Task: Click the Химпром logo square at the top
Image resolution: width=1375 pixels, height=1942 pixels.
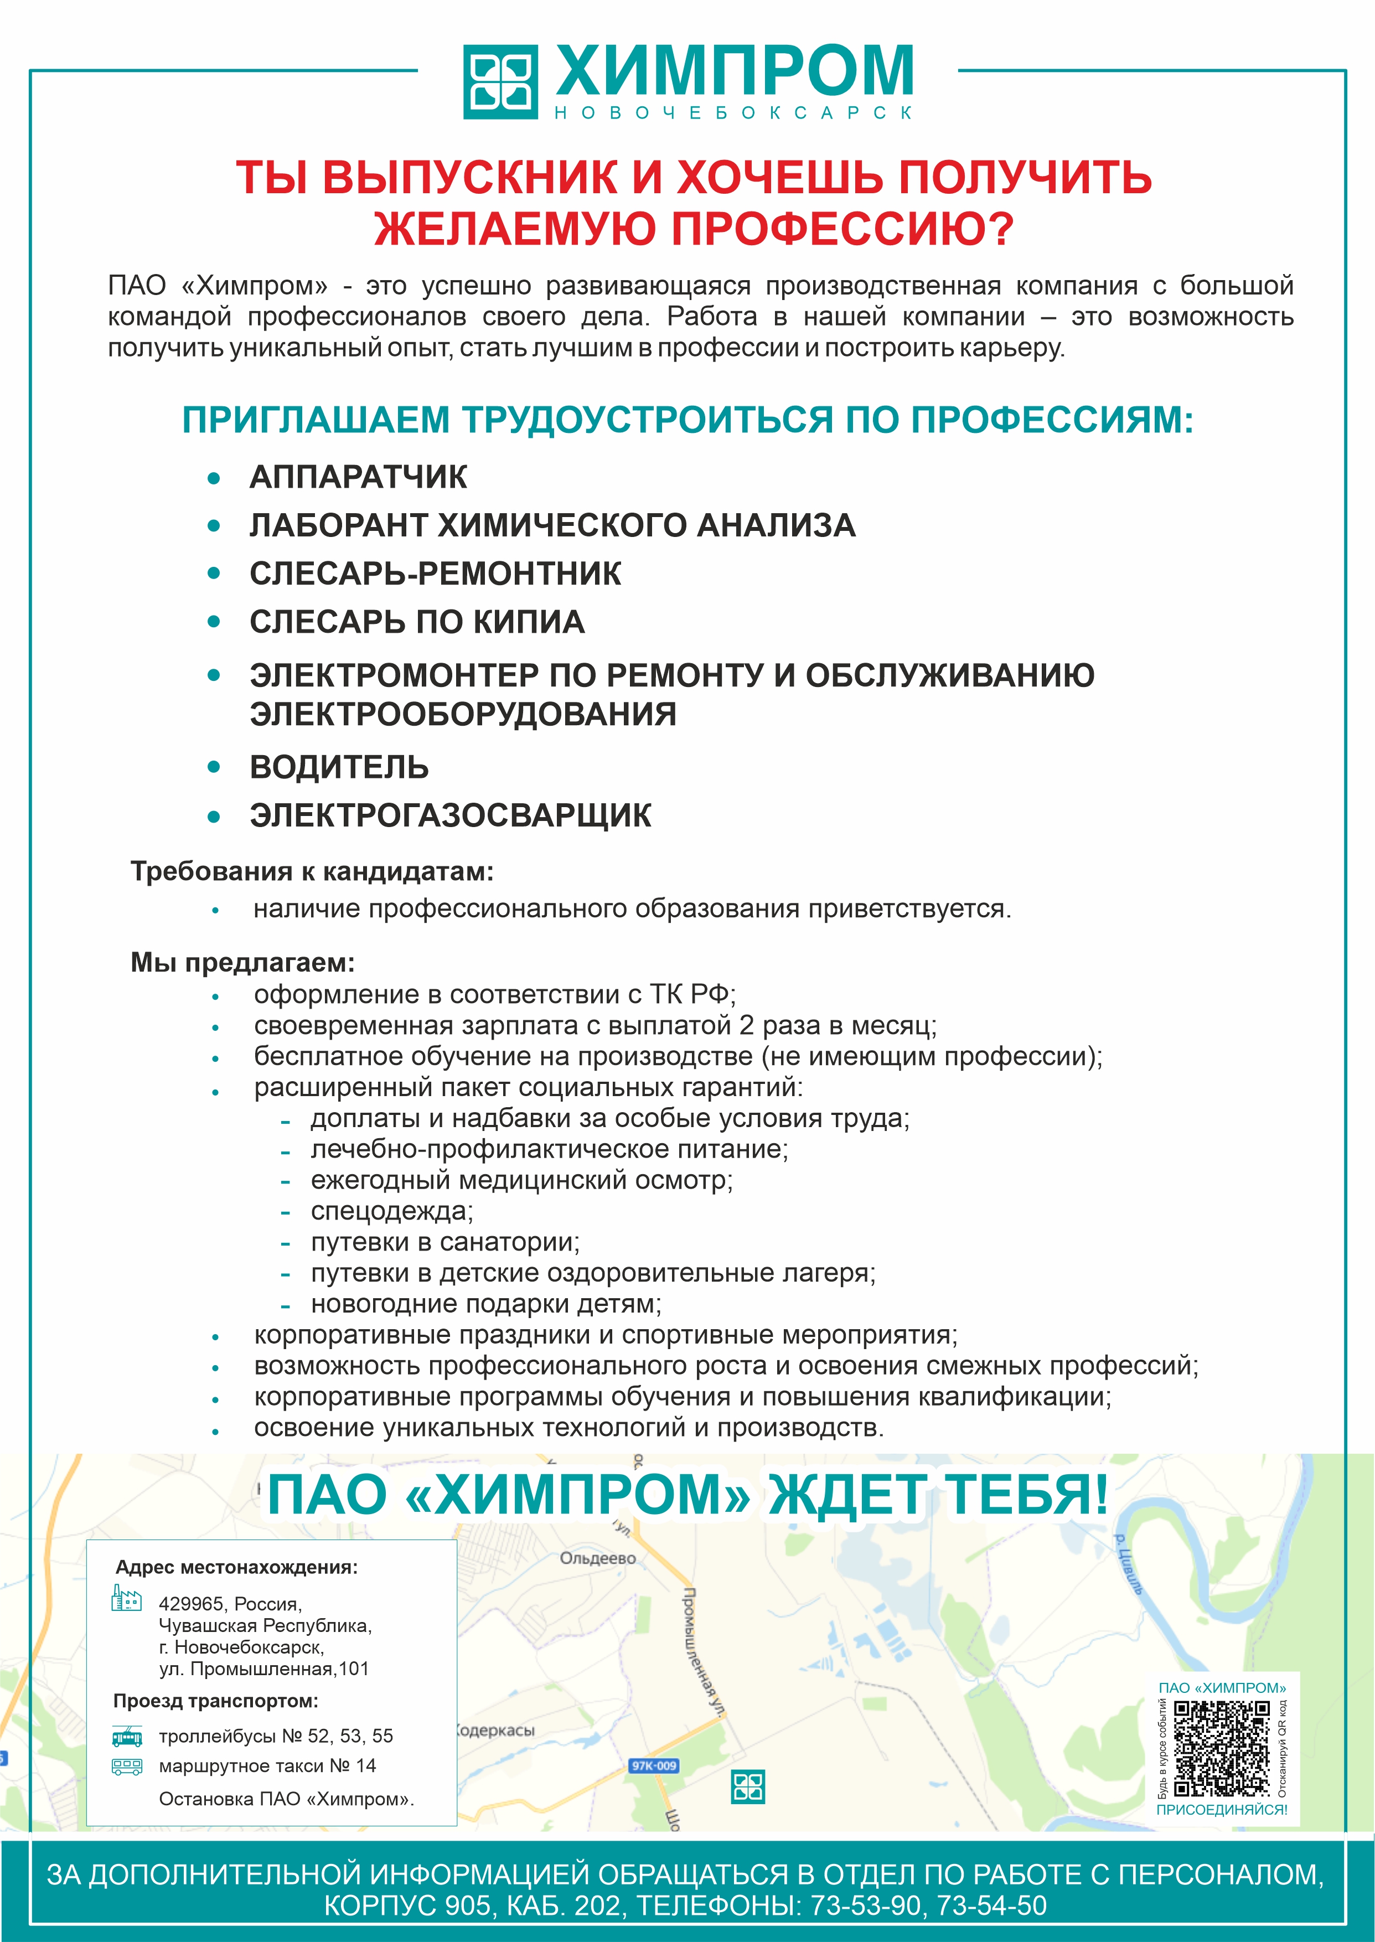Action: point(500,81)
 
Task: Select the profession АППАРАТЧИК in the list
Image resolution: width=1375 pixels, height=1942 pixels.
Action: point(357,477)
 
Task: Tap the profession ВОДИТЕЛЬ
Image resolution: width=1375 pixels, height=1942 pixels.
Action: point(339,767)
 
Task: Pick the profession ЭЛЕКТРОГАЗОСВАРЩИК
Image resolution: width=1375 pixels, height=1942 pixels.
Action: point(451,815)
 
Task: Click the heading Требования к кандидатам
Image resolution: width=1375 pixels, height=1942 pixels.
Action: point(312,871)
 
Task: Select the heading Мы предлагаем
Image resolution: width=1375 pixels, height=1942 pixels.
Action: point(242,963)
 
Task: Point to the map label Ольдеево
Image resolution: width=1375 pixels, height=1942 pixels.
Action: point(598,1558)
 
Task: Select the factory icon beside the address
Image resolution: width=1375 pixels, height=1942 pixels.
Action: point(126,1598)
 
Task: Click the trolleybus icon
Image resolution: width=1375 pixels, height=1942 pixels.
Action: point(127,1736)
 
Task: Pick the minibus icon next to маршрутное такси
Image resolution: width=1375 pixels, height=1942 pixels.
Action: point(127,1765)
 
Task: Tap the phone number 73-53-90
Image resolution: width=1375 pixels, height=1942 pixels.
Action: point(865,1905)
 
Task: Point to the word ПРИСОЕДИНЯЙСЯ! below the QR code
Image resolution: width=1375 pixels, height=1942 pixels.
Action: point(1221,1810)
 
